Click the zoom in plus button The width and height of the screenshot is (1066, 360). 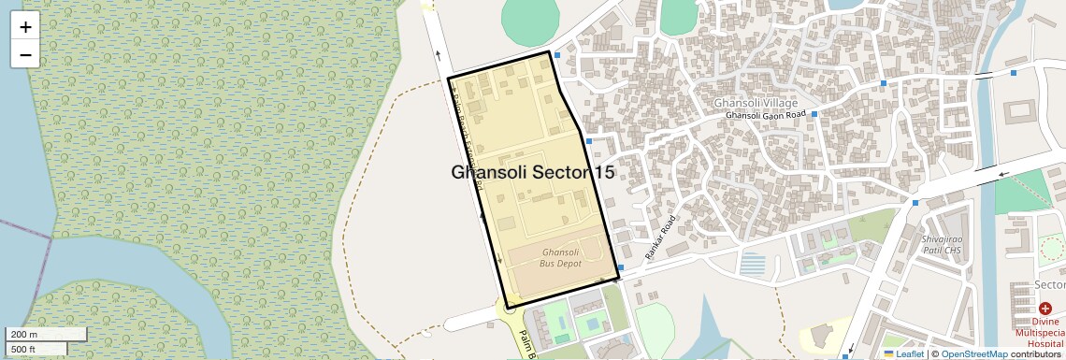click(25, 27)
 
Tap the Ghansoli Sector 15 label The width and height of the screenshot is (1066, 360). click(532, 172)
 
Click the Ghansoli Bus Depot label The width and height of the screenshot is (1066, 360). click(561, 258)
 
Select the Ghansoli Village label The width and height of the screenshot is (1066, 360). click(756, 102)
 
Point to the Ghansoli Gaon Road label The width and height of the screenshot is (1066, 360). click(765, 115)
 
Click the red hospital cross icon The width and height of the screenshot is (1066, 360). click(1044, 309)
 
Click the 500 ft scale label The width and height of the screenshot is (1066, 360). click(22, 350)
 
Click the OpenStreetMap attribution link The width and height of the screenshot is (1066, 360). click(973, 354)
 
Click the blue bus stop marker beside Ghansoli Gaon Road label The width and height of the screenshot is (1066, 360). click(814, 114)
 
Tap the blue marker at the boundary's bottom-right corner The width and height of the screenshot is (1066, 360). click(620, 266)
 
